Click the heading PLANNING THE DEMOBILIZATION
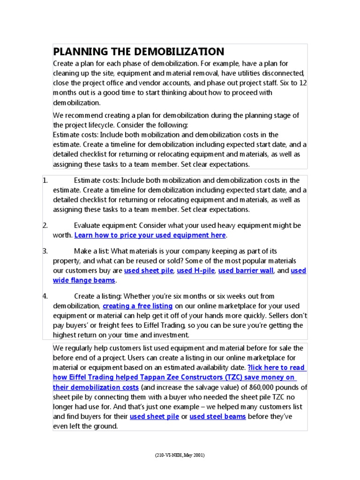point(139,52)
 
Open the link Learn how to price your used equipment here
point(150,235)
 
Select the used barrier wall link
point(246,271)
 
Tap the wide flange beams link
point(84,280)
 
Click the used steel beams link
point(217,417)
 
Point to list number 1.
point(45,180)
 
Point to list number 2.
point(45,225)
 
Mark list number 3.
point(45,251)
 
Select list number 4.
point(45,296)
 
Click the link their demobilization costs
point(96,388)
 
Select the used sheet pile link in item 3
point(149,271)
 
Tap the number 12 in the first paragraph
point(303,83)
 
